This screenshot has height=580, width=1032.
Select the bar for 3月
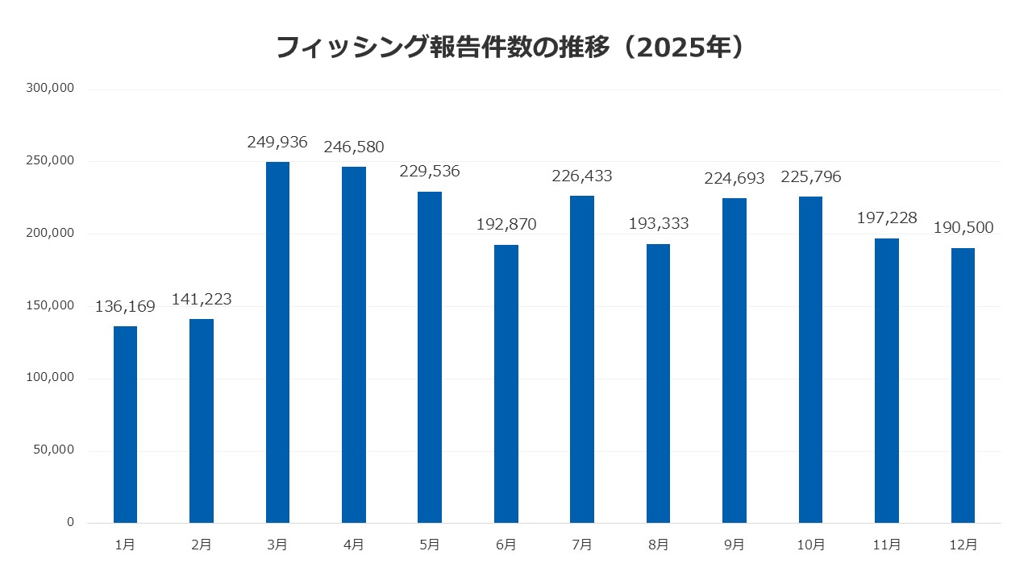point(277,342)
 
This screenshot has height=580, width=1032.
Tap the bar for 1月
point(125,425)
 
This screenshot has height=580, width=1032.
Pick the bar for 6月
point(506,383)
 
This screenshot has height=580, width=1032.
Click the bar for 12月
point(963,385)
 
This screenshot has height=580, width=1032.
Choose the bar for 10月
point(810,359)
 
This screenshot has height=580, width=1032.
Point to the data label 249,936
point(277,143)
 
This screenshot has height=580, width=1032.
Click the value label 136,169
point(127,307)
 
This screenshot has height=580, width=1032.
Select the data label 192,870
point(506,225)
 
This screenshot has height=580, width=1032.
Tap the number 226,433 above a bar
point(582,176)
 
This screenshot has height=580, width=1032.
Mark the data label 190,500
point(963,228)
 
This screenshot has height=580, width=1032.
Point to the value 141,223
point(202,300)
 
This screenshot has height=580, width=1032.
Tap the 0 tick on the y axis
point(70,523)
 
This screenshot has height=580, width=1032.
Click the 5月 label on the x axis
point(430,545)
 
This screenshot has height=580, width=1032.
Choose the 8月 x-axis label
point(658,545)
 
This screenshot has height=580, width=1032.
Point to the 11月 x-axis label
point(887,545)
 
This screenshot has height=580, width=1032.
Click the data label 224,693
point(734,178)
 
